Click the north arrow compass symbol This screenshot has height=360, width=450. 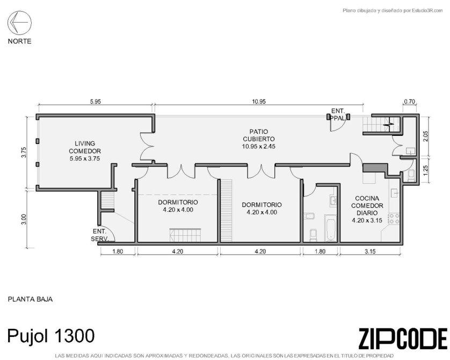click(x=19, y=23)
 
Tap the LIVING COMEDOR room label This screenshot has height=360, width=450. click(x=85, y=151)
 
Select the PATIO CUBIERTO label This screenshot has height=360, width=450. click(x=259, y=139)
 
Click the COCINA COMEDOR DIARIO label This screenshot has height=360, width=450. click(x=367, y=209)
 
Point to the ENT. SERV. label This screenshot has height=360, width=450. click(x=99, y=235)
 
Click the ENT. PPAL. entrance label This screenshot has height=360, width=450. click(x=338, y=114)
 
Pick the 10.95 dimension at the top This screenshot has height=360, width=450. click(x=259, y=102)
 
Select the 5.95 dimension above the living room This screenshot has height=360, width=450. click(x=95, y=102)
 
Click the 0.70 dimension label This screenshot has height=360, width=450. click(x=410, y=102)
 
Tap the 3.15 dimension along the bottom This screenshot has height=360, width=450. click(x=370, y=251)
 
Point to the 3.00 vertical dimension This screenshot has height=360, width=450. click(x=24, y=220)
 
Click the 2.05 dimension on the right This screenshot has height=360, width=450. click(x=425, y=136)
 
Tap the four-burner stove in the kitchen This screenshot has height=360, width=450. click(x=394, y=219)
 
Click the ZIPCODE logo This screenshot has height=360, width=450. click(x=403, y=339)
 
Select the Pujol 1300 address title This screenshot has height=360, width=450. click(x=51, y=336)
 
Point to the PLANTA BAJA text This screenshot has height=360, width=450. click(x=30, y=299)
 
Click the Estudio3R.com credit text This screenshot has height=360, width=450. click(x=424, y=11)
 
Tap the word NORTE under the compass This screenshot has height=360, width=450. click(x=19, y=41)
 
